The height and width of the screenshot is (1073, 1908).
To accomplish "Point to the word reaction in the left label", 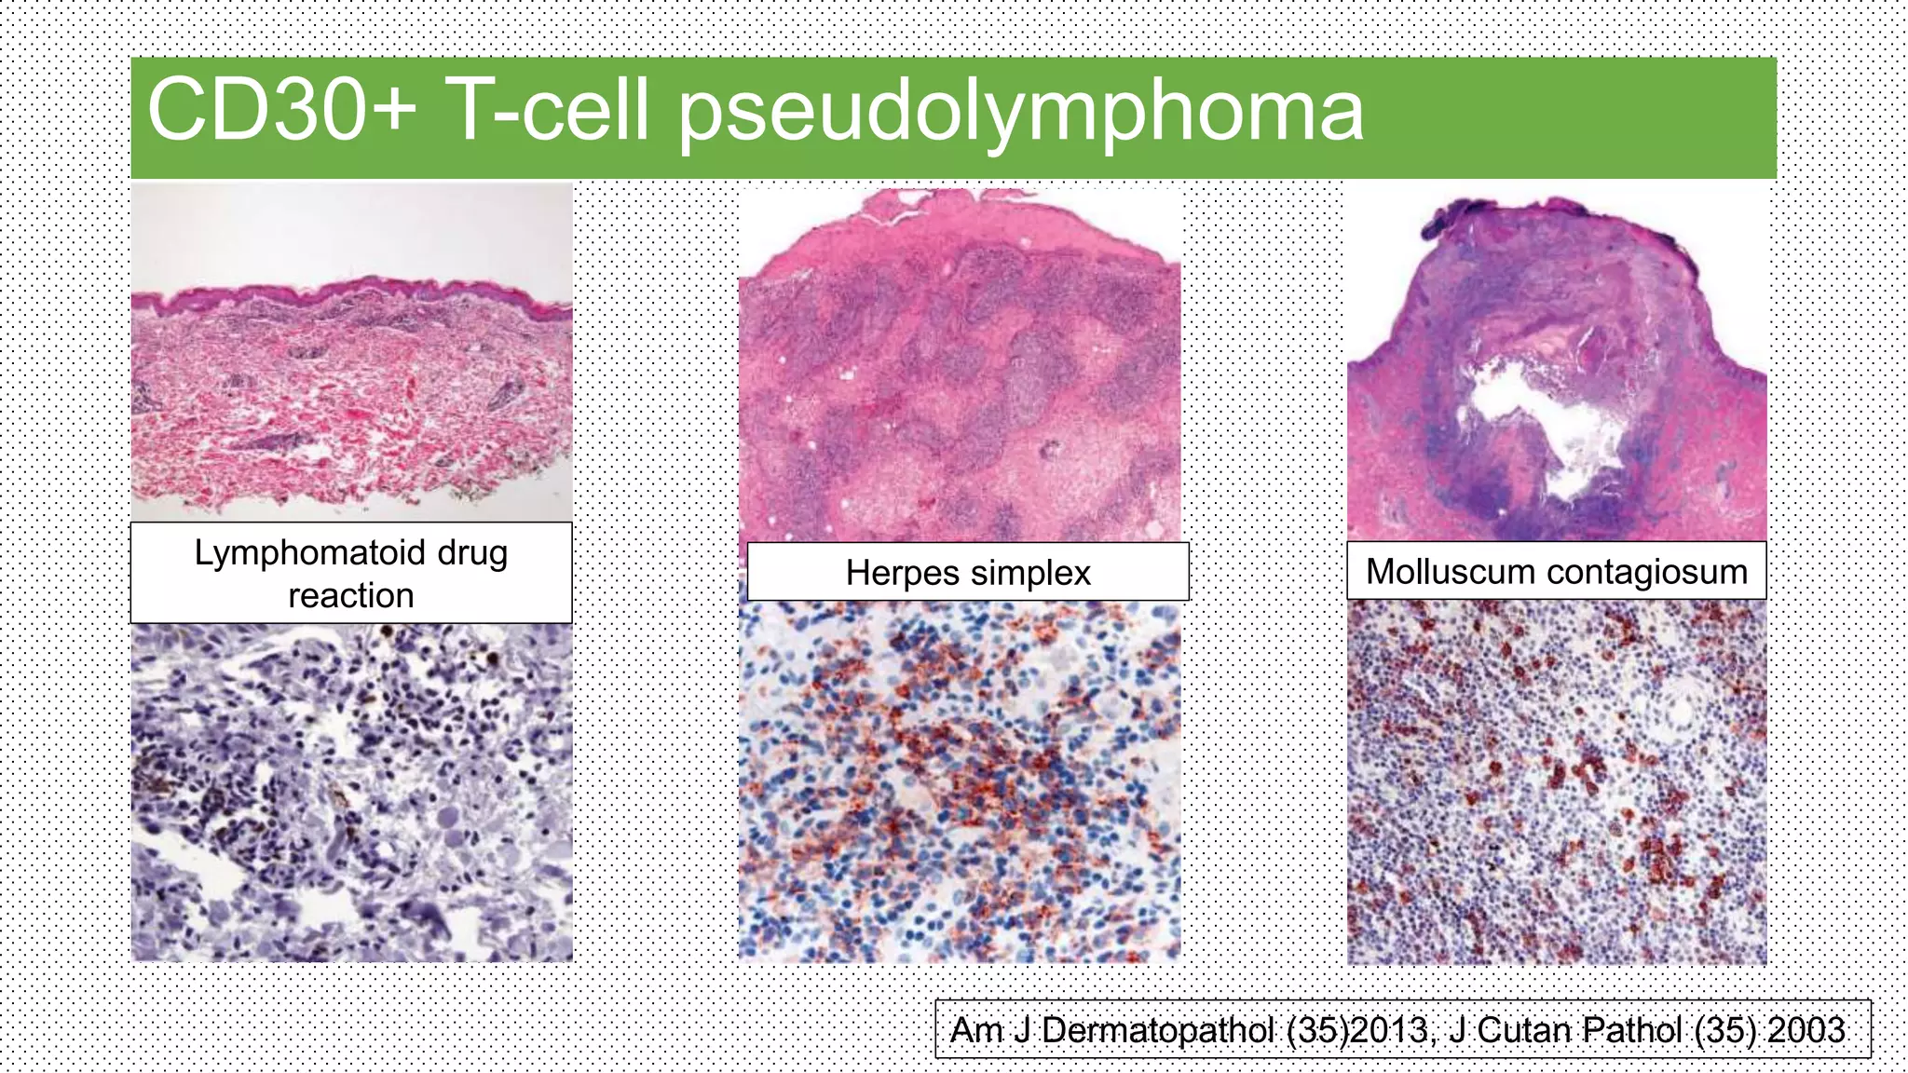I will (x=351, y=595).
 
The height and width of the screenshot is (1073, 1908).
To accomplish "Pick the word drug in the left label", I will (x=472, y=553).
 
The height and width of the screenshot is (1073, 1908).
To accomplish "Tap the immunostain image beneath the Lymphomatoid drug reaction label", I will (x=351, y=792).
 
